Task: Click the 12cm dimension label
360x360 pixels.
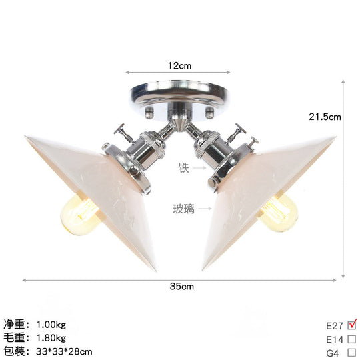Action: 179,66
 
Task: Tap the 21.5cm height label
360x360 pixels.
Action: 325,116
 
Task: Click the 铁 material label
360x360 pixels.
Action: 183,167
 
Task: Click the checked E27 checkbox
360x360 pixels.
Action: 353,326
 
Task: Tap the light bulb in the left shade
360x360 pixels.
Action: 79,213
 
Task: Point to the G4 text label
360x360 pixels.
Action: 332,351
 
